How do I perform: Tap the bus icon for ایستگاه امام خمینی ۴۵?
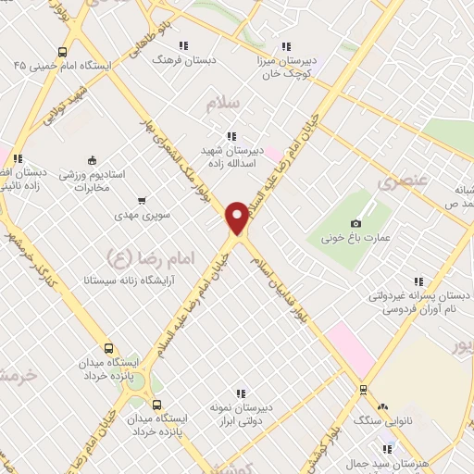pyautogui.click(x=62, y=52)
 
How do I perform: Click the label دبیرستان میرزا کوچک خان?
pyautogui.click(x=286, y=65)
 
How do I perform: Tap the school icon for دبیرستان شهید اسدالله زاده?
pyautogui.click(x=231, y=136)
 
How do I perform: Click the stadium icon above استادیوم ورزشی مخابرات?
pyautogui.click(x=91, y=159)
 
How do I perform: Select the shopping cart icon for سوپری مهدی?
pyautogui.click(x=141, y=200)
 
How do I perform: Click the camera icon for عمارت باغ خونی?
pyautogui.click(x=356, y=223)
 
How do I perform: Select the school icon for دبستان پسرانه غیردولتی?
pyautogui.click(x=419, y=281)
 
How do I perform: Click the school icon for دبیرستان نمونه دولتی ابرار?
pyautogui.click(x=244, y=393)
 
